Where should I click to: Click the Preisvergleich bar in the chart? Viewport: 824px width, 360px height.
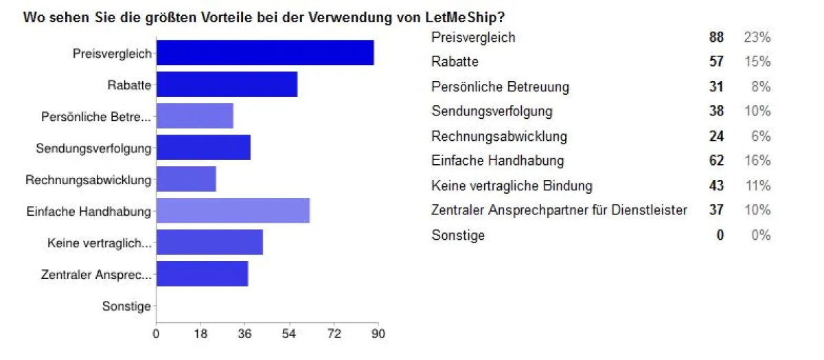click(x=265, y=53)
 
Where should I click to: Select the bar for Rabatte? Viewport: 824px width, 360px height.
click(x=227, y=85)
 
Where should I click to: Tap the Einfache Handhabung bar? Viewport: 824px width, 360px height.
click(x=233, y=210)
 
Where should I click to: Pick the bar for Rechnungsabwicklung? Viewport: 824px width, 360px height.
click(x=186, y=179)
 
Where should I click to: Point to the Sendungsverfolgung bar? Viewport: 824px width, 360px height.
click(x=203, y=148)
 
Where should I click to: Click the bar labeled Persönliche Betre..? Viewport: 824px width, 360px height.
click(x=195, y=116)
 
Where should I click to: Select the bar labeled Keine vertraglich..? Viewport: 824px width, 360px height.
click(x=209, y=242)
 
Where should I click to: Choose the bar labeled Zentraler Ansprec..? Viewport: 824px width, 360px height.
click(x=202, y=273)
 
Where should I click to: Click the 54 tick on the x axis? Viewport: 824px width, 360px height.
click(x=289, y=334)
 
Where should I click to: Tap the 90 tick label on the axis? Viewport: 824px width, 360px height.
click(x=378, y=334)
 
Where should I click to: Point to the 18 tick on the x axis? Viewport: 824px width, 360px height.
click(x=201, y=334)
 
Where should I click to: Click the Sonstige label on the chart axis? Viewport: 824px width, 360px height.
click(x=126, y=306)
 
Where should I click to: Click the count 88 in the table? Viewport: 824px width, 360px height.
click(x=716, y=37)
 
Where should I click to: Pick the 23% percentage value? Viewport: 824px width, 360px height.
click(x=757, y=37)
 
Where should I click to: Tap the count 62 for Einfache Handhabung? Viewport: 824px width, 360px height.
click(x=716, y=161)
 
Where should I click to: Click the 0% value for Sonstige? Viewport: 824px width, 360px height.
click(x=760, y=235)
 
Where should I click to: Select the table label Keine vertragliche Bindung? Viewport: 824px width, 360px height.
click(x=512, y=185)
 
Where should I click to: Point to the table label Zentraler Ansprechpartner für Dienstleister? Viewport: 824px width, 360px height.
click(x=559, y=210)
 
